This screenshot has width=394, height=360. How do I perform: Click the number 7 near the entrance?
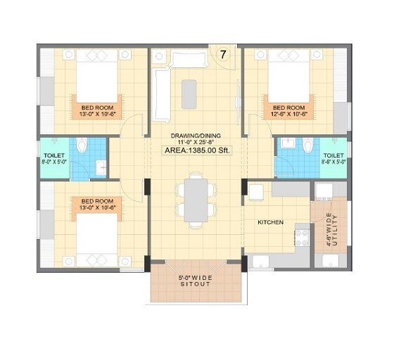223,54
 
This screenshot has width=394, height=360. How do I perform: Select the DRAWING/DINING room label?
196,136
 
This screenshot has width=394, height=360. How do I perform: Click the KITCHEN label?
270,222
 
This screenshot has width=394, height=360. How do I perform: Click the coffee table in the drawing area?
189,91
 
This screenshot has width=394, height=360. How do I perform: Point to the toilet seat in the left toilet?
82,147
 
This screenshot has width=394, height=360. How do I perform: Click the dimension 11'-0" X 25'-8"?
196,142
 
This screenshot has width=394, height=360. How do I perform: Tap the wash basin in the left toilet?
101,167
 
